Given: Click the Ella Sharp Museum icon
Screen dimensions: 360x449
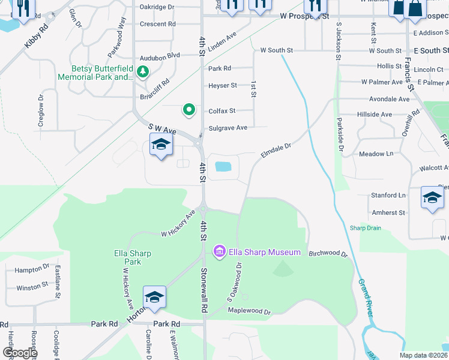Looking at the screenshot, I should (x=220, y=251).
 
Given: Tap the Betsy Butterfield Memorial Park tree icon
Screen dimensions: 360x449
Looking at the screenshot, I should (x=143, y=73).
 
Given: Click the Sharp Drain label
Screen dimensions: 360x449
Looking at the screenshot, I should (x=366, y=228).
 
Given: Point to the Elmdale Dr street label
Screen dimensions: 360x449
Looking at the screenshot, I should (x=276, y=150).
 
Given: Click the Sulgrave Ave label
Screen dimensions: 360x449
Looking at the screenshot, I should (x=228, y=128).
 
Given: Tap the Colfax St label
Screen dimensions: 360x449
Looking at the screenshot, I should (x=221, y=111).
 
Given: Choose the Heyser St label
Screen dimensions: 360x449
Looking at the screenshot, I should (x=223, y=86).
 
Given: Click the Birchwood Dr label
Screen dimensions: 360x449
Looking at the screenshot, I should (x=328, y=254).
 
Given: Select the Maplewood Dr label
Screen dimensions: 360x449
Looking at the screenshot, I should (x=250, y=311).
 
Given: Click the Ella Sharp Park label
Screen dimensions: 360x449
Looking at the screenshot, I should (x=132, y=257).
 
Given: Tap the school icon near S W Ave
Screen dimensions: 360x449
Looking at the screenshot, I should (x=161, y=145).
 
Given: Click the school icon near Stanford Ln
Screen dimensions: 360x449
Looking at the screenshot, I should (x=432, y=197).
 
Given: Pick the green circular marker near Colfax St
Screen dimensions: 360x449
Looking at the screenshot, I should (x=189, y=109).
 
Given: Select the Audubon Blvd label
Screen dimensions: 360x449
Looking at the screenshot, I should (x=160, y=56).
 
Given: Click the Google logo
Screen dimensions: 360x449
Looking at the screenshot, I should (x=20, y=353).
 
